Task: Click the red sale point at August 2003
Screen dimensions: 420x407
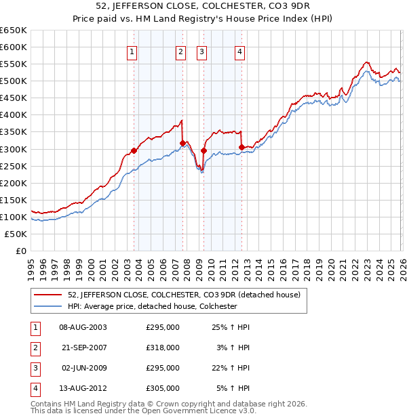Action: [x=134, y=150]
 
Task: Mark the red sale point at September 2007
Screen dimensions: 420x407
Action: [x=182, y=143]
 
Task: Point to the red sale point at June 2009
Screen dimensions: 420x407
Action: [x=203, y=150]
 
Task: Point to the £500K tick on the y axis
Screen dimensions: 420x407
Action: [x=14, y=81]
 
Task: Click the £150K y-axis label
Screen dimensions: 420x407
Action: [x=14, y=200]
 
